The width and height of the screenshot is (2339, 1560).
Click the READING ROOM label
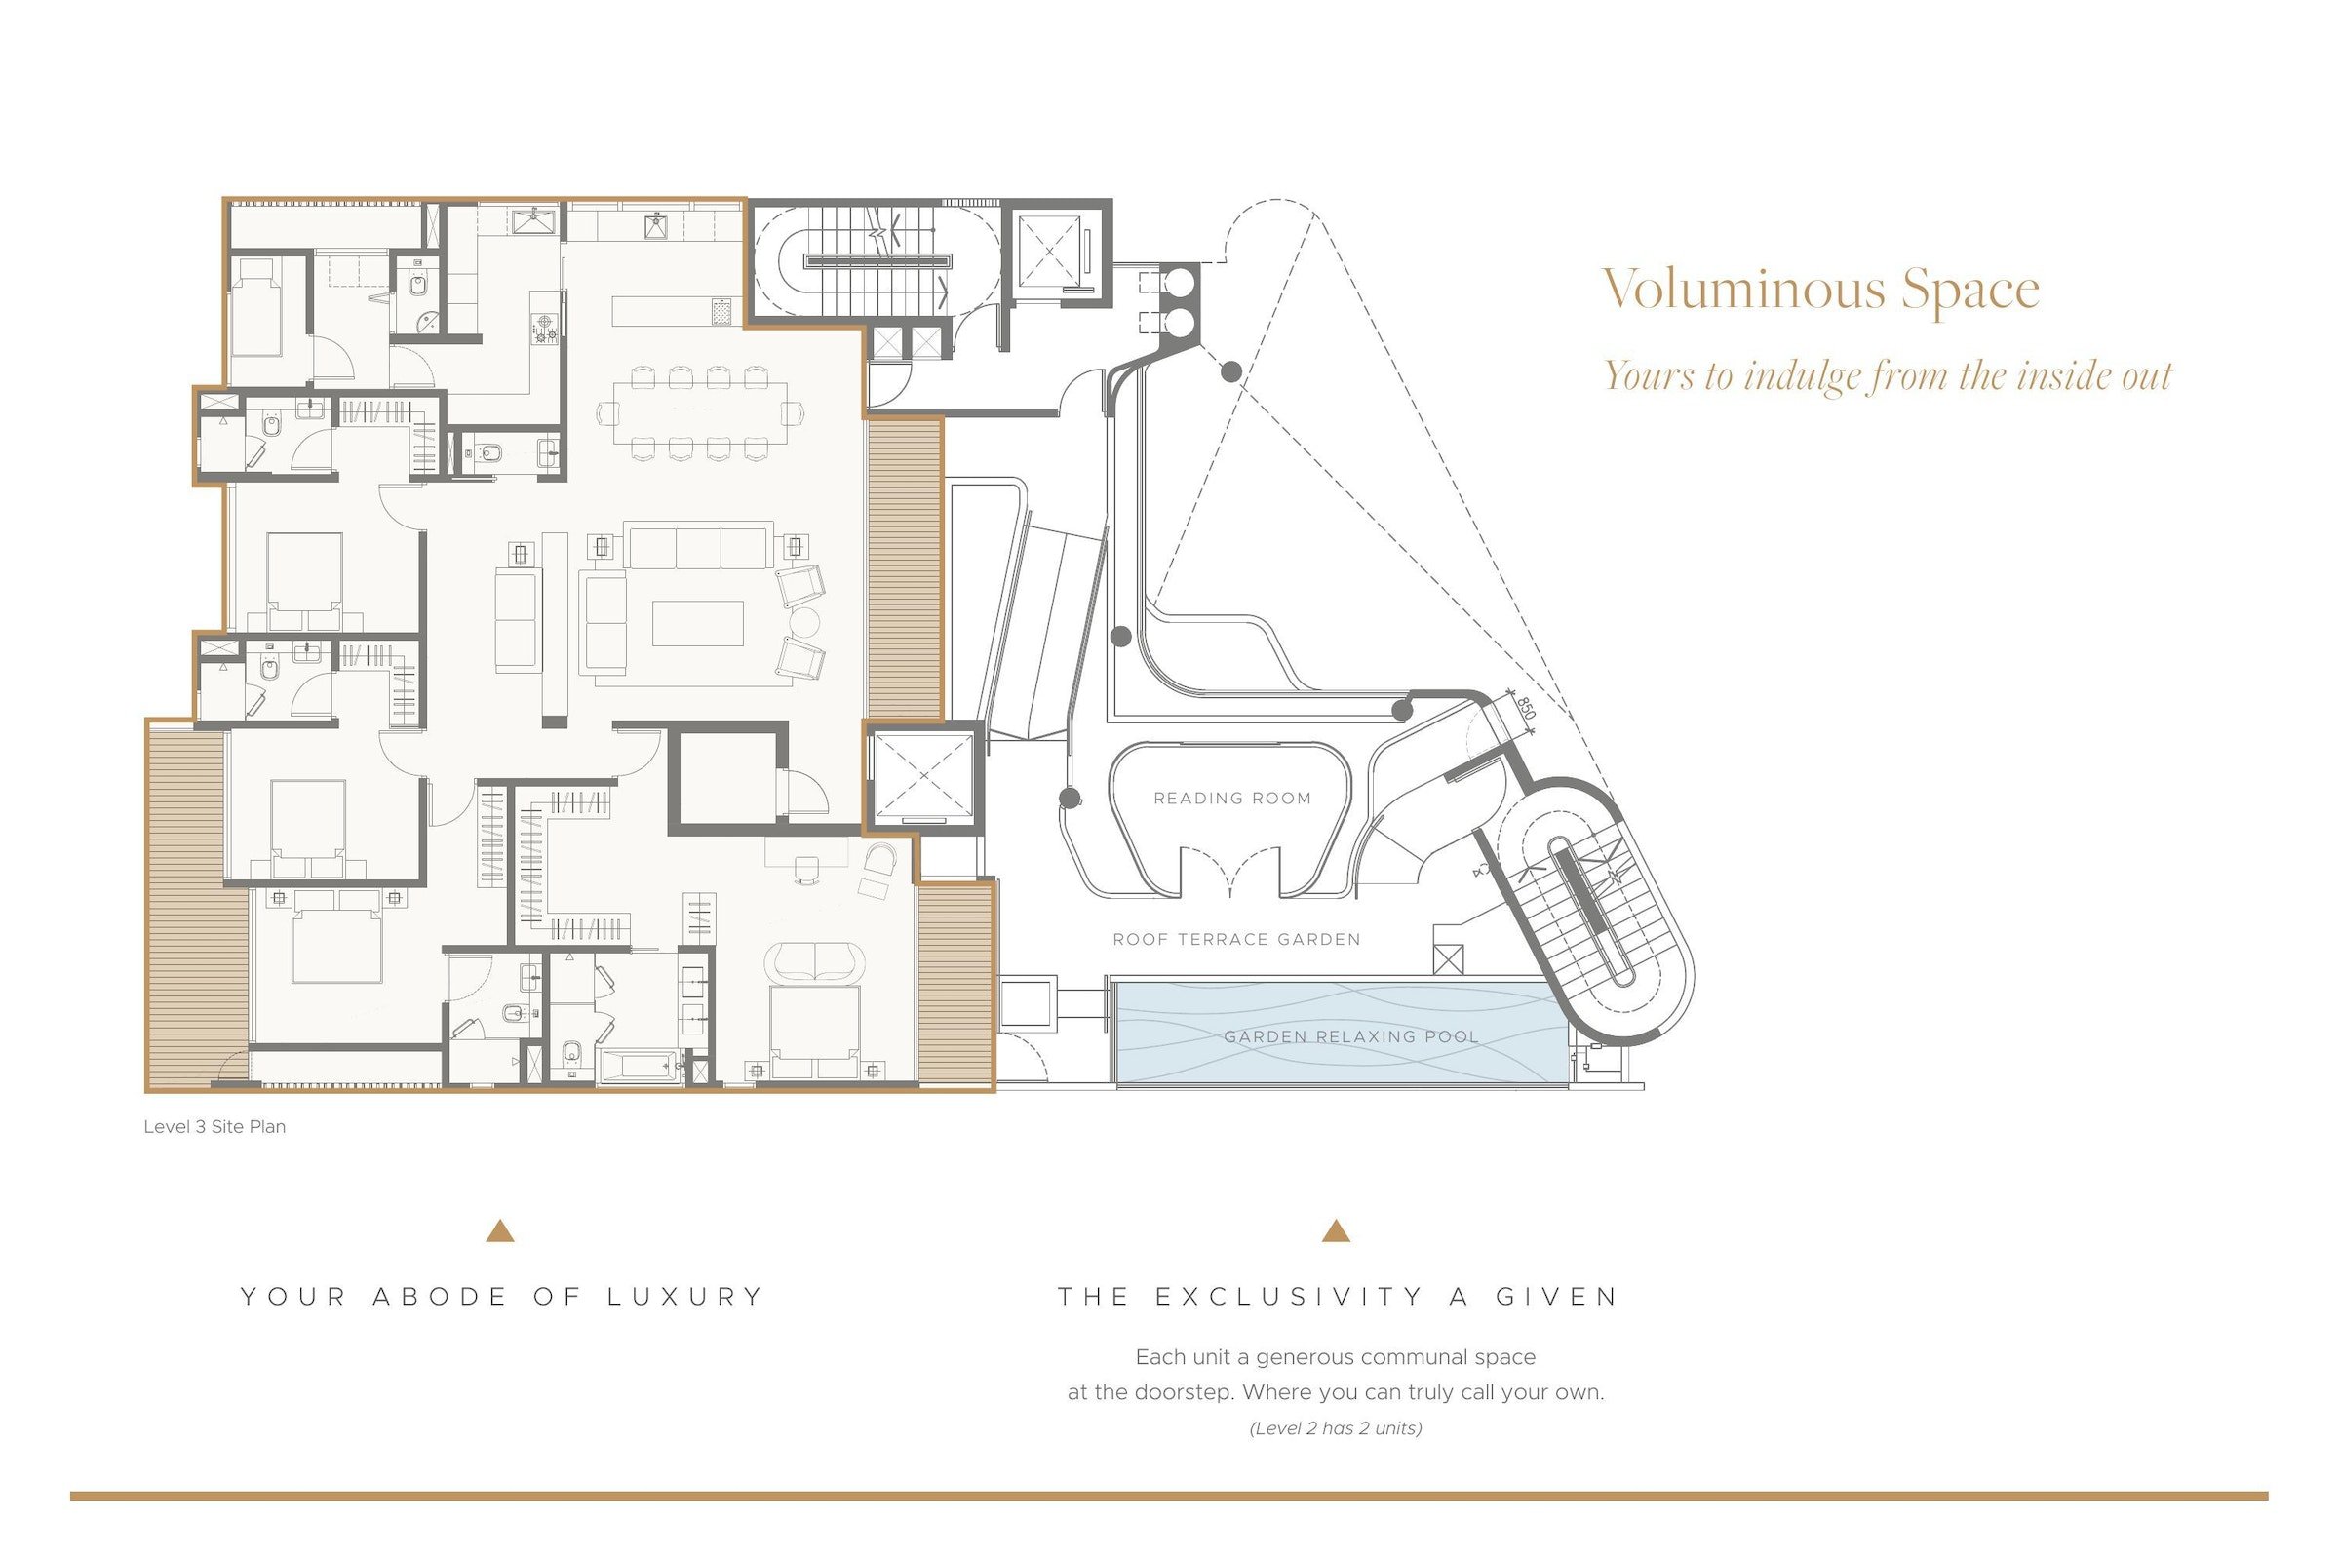1231,798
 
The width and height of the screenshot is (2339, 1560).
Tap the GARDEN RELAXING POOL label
1350,1036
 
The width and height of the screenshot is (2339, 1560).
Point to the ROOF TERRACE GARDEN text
1235,939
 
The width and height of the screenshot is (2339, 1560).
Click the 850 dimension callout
1526,709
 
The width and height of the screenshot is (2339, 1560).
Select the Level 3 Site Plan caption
214,1126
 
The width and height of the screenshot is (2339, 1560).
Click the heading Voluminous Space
1820,290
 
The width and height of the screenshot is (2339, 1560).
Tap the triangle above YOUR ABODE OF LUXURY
500,1231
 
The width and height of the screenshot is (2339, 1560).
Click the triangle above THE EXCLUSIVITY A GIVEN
1336,1231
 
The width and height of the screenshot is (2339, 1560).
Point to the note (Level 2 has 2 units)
1335,1428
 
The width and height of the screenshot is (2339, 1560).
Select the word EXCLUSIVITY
1289,1297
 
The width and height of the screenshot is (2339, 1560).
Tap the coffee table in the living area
697,624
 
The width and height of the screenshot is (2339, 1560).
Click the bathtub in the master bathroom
641,1068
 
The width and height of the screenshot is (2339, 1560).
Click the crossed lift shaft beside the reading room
922,775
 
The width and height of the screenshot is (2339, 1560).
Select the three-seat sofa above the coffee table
698,546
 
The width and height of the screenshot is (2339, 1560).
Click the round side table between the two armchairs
803,622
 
